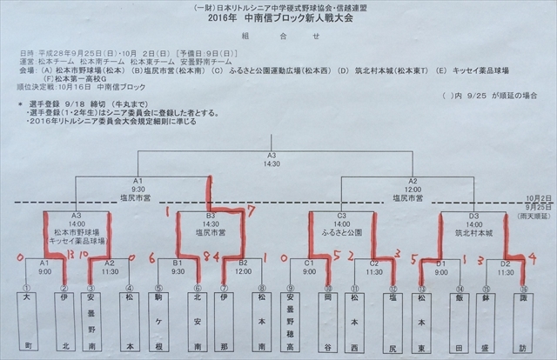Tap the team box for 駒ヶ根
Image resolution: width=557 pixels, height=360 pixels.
tap(159, 322)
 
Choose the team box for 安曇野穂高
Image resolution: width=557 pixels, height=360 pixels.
tap(288, 322)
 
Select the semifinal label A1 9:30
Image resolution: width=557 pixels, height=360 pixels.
tap(139, 186)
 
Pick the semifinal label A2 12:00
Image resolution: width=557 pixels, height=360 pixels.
tap(413, 186)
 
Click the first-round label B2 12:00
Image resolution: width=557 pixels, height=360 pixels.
tap(243, 265)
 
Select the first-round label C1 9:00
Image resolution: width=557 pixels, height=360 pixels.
tap(309, 265)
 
